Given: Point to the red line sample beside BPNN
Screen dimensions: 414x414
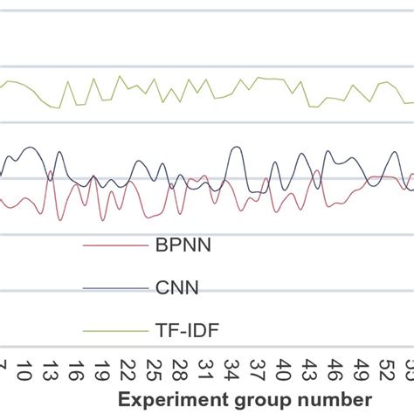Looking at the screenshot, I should click(x=114, y=245).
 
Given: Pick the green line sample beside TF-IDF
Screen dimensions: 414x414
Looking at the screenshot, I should click(x=114, y=330).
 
